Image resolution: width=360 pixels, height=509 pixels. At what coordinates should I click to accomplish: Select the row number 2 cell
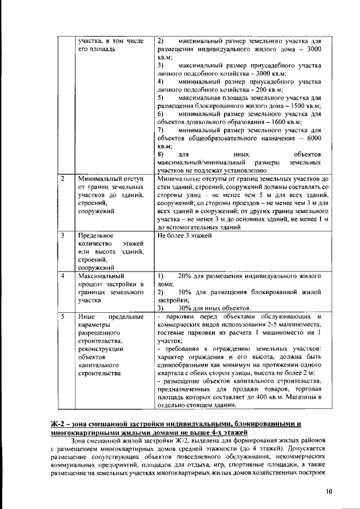pos(63,179)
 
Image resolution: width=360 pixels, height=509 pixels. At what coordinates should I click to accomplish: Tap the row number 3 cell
pos(63,236)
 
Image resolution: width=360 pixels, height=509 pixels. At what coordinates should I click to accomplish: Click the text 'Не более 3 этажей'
pos(184,236)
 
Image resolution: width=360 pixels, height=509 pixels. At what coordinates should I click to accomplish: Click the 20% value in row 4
pos(185,276)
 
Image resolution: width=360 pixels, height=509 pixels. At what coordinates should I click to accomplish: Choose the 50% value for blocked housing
pos(185,292)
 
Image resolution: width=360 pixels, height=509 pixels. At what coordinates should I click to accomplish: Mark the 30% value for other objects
pos(185,309)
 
